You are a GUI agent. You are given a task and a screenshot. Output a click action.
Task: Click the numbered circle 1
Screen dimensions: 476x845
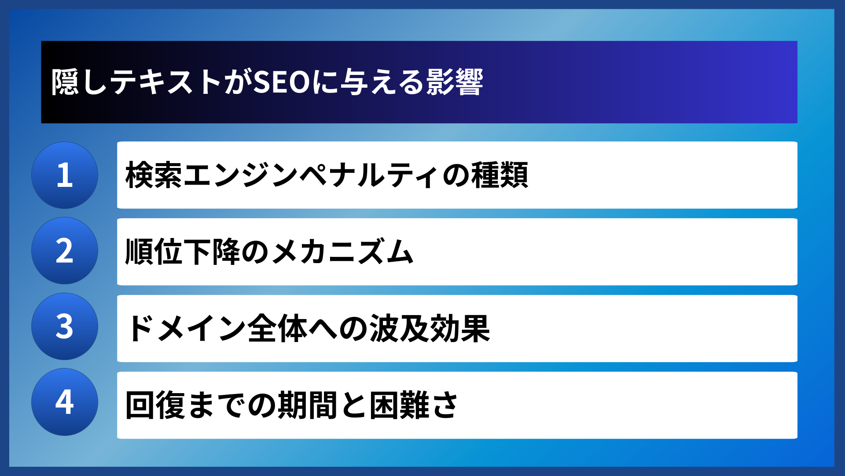[x=65, y=175]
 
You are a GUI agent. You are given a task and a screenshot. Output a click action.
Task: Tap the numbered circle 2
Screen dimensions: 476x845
[x=65, y=251]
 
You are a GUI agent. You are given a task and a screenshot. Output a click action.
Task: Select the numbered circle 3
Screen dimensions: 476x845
[x=65, y=327]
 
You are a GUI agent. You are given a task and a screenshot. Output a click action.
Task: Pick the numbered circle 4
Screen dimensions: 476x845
[x=65, y=402]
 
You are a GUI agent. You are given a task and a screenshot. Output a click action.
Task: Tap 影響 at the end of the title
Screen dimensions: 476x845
[x=455, y=82]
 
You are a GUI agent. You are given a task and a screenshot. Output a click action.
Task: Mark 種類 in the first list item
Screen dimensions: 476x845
[x=500, y=175]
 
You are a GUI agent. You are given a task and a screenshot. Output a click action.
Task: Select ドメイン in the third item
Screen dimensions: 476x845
[x=185, y=328]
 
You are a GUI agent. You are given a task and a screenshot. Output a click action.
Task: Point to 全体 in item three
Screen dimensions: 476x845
[x=277, y=328]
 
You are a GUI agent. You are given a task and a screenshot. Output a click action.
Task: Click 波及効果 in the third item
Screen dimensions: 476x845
[x=430, y=328]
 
